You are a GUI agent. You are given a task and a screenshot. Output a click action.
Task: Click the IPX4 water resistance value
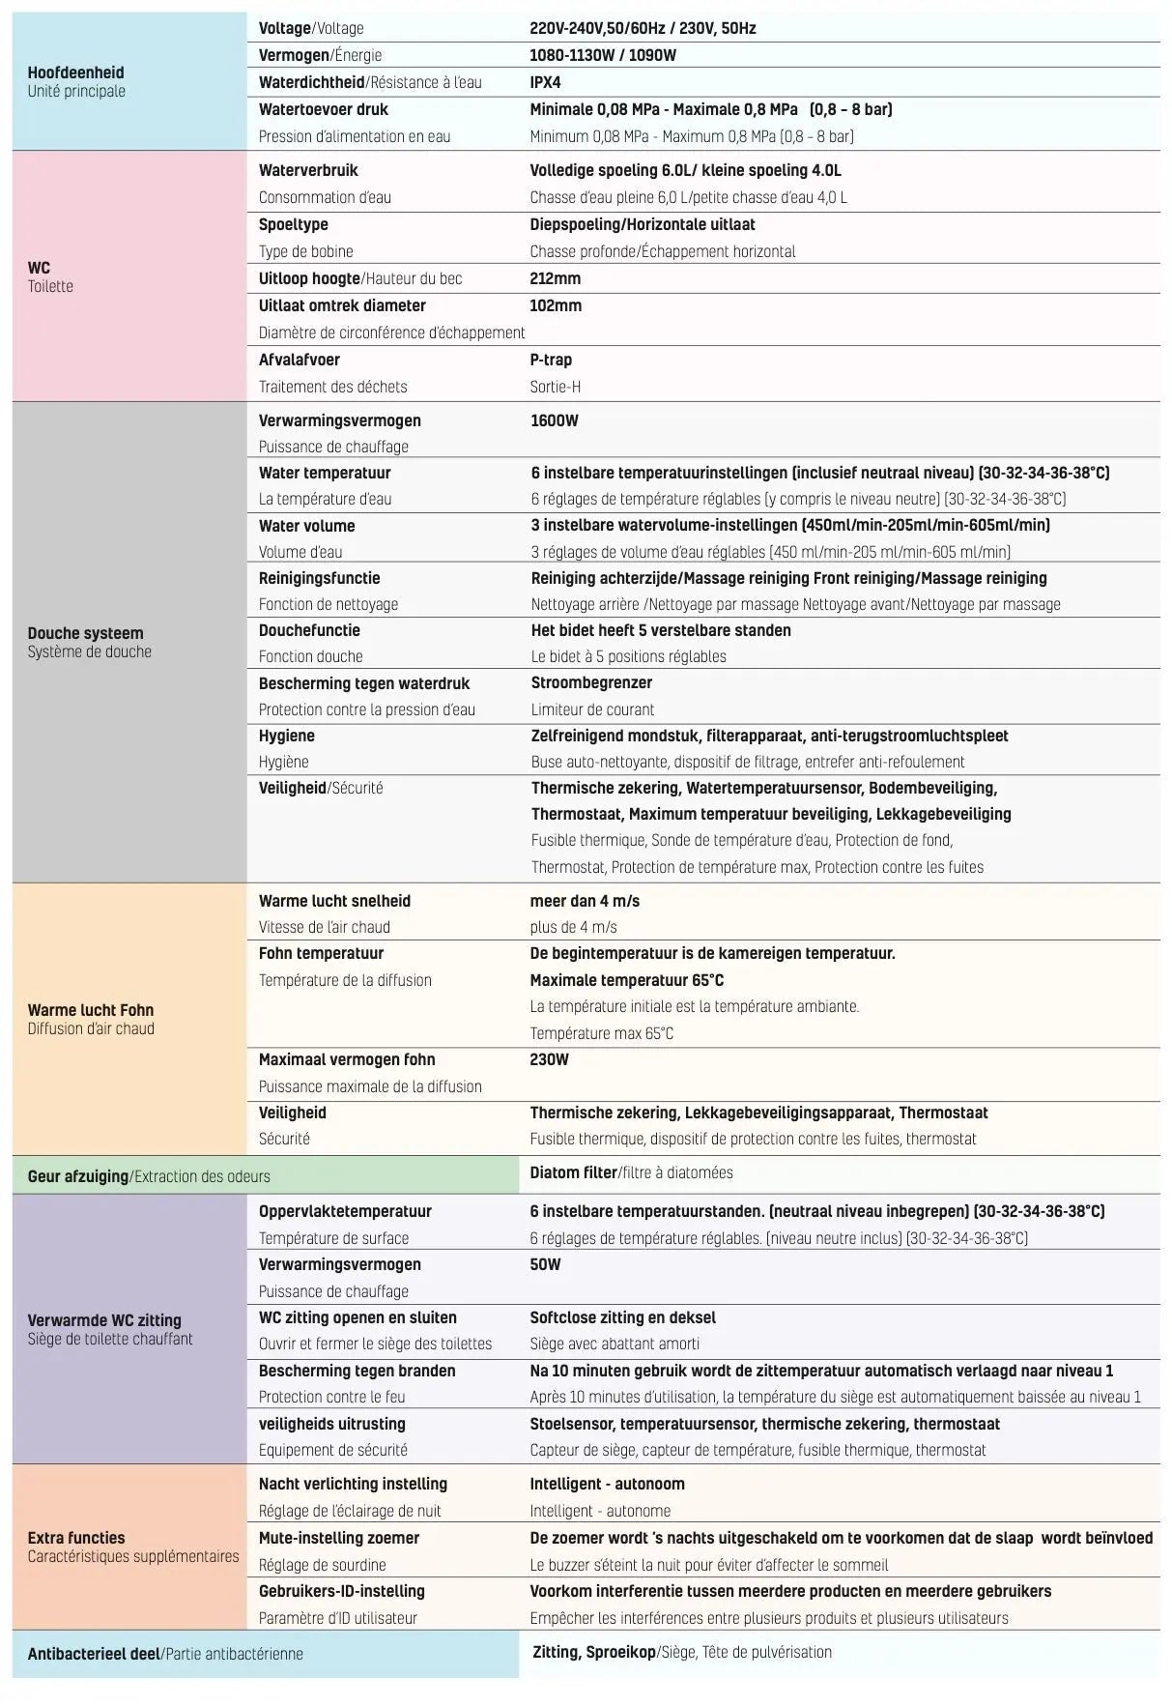[x=545, y=82]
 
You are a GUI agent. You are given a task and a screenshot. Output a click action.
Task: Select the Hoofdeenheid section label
[x=75, y=72]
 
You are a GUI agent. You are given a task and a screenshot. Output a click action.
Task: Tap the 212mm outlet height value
[x=555, y=278]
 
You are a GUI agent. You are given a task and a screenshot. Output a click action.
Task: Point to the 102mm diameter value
[x=556, y=305]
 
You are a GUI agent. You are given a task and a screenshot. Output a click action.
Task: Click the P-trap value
[x=551, y=360]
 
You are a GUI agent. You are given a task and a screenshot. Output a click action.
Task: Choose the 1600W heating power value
[x=554, y=420]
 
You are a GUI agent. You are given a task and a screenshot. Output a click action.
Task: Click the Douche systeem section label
[x=85, y=633]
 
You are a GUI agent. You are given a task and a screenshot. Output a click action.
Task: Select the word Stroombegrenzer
[x=591, y=682]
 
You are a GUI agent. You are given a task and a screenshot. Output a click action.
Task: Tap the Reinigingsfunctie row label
[x=319, y=578]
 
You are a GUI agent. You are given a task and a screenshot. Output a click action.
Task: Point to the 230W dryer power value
[x=549, y=1059]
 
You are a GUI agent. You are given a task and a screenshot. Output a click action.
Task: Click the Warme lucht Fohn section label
[x=90, y=1010]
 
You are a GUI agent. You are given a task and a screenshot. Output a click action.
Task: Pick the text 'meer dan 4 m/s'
[x=585, y=901]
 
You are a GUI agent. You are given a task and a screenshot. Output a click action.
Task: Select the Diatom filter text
[x=573, y=1172]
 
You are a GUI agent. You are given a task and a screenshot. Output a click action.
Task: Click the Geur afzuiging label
[x=77, y=1176]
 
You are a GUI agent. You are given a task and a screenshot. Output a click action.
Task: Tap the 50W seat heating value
[x=545, y=1264]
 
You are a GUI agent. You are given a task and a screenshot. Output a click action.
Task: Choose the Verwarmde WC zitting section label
[x=104, y=1320]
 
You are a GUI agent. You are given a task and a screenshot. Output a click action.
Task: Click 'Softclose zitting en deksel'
[x=622, y=1317]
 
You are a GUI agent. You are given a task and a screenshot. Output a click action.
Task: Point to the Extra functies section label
[x=76, y=1538]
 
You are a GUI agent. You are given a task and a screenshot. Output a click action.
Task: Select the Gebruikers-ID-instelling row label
[x=341, y=1591]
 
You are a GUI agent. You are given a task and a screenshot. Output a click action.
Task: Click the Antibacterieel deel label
[x=94, y=1654]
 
